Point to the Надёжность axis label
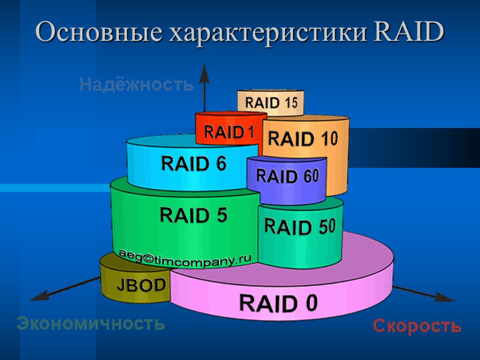136,85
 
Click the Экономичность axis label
91,323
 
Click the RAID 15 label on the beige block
271,103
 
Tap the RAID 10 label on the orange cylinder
302,139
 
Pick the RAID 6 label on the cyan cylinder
194,164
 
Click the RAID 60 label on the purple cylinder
287,176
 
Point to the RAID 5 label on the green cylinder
194,215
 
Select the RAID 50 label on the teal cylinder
300,227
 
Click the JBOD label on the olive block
141,285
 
